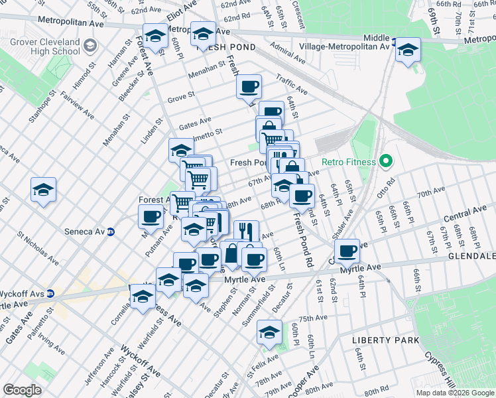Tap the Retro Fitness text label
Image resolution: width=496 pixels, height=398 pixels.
(x=349, y=162)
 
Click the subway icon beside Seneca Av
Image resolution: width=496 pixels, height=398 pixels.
(x=111, y=232)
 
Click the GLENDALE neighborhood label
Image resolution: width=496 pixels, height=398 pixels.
(x=472, y=256)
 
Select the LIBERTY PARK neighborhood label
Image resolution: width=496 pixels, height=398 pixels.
(x=385, y=340)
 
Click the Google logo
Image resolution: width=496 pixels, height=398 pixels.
(x=22, y=390)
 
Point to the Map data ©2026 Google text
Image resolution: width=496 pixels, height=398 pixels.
(x=454, y=393)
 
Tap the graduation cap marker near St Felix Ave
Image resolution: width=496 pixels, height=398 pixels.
(x=269, y=332)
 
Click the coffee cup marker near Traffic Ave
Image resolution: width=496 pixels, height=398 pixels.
(x=249, y=87)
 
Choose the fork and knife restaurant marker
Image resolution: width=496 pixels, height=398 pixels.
(x=245, y=231)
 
